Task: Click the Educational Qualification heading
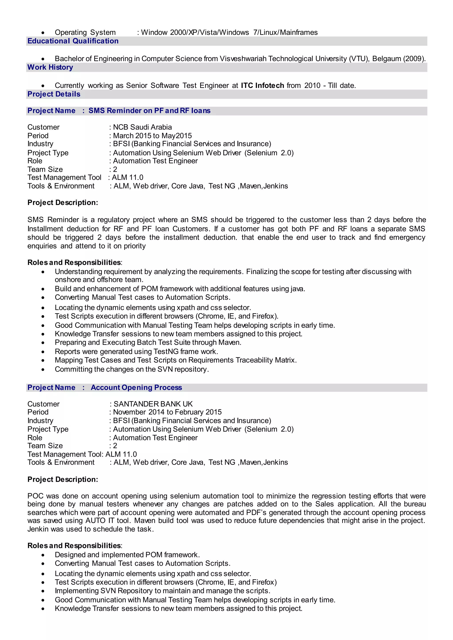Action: tap(73, 41)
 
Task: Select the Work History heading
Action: tap(50, 67)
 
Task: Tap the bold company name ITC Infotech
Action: tap(262, 85)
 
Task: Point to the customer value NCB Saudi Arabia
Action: tap(142, 127)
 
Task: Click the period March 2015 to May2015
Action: tap(152, 136)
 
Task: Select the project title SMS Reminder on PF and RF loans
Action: tap(150, 111)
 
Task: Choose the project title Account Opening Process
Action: tap(136, 388)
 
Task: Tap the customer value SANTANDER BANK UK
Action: tap(153, 404)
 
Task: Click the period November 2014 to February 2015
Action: tap(167, 412)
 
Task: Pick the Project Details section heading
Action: tap(54, 94)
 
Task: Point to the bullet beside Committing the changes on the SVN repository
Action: tap(43, 370)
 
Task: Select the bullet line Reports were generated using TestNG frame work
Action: tap(136, 352)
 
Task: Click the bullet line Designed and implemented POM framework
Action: tap(127, 555)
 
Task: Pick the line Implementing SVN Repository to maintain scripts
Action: tap(162, 591)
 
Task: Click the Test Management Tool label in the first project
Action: tap(64, 178)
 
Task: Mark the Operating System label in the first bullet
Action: tap(85, 32)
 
